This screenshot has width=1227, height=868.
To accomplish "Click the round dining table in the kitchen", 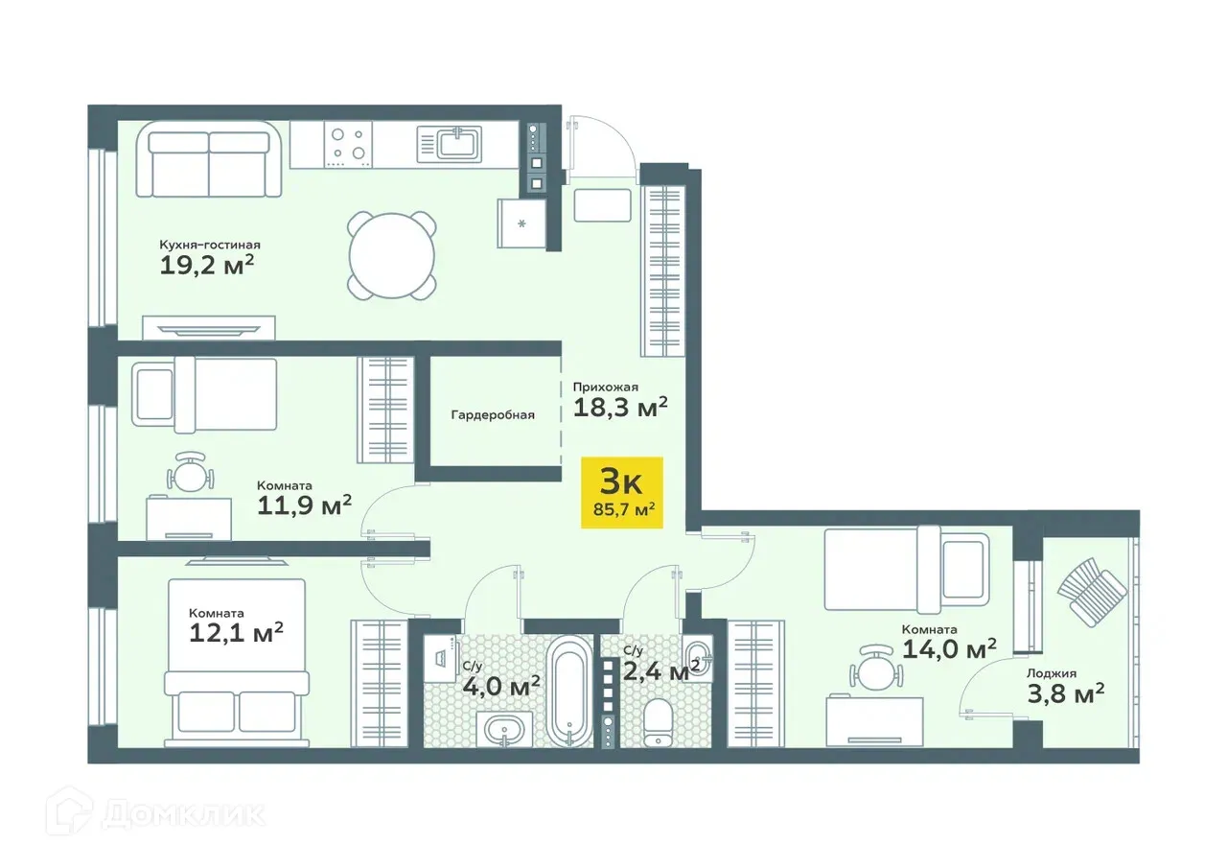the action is pyautogui.click(x=392, y=256).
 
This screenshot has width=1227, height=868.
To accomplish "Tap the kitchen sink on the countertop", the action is pyautogui.click(x=450, y=144).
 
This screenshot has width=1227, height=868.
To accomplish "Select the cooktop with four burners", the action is pyautogui.click(x=348, y=144).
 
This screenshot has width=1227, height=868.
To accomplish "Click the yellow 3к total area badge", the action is pyautogui.click(x=622, y=492).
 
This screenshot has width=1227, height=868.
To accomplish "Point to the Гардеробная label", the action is pyautogui.click(x=493, y=415).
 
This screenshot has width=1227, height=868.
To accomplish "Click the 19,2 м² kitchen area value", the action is pyautogui.click(x=206, y=266).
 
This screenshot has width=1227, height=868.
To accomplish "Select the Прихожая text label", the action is pyautogui.click(x=605, y=387).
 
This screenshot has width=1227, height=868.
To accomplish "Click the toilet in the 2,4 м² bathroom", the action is pyautogui.click(x=658, y=723).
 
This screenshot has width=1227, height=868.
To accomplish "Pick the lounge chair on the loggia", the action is pyautogui.click(x=1092, y=592).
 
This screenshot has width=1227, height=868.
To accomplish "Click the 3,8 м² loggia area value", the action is pyautogui.click(x=1065, y=693).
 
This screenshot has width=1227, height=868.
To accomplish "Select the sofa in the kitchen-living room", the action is pyautogui.click(x=209, y=159).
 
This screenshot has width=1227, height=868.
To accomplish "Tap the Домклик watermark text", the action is pyautogui.click(x=183, y=815).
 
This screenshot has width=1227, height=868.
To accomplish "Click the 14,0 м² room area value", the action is pyautogui.click(x=949, y=649).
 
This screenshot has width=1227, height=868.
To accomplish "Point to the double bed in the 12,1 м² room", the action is pyautogui.click(x=237, y=663).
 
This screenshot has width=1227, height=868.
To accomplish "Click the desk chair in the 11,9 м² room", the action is pyautogui.click(x=190, y=471).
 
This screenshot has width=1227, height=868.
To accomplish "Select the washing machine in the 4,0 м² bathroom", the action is pyautogui.click(x=442, y=659).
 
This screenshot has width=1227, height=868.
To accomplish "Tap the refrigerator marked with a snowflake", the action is pyautogui.click(x=522, y=223).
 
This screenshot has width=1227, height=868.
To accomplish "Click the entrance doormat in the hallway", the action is pyautogui.click(x=603, y=205).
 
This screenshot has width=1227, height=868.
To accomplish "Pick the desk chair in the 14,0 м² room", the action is pyautogui.click(x=876, y=667).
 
